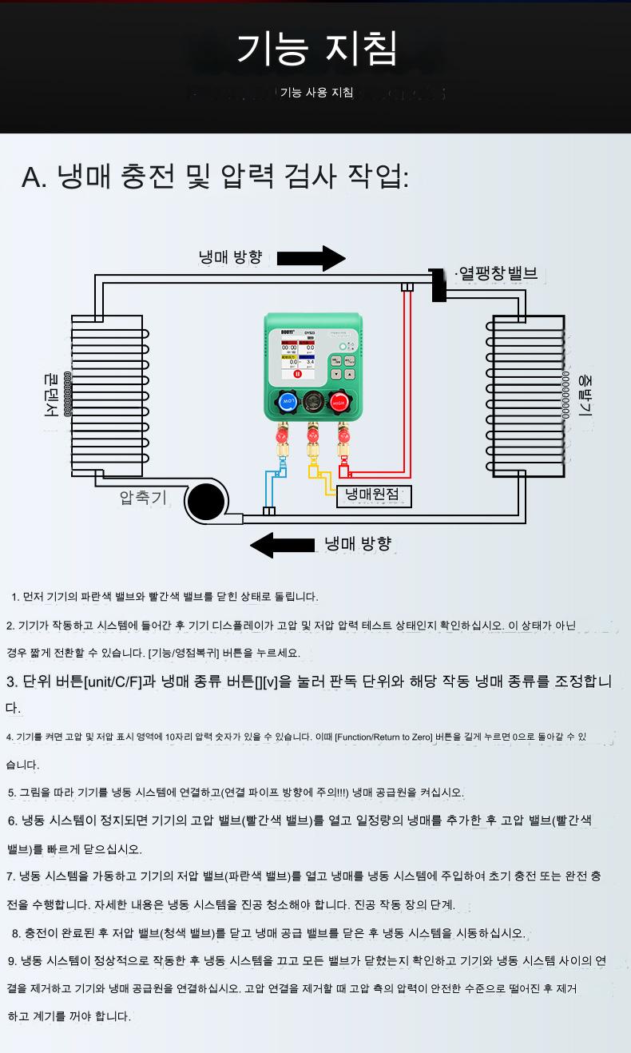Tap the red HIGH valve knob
click(x=339, y=402)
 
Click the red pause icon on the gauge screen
click(x=297, y=373)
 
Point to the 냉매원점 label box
click(x=373, y=496)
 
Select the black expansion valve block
click(x=438, y=284)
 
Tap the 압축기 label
click(x=143, y=498)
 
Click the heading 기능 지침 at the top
click(x=316, y=49)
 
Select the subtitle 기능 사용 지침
click(x=316, y=93)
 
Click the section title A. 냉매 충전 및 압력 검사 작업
click(x=215, y=177)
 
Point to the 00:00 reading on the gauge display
click(x=288, y=348)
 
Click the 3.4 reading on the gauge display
click(x=310, y=362)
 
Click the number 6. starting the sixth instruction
click(x=13, y=821)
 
